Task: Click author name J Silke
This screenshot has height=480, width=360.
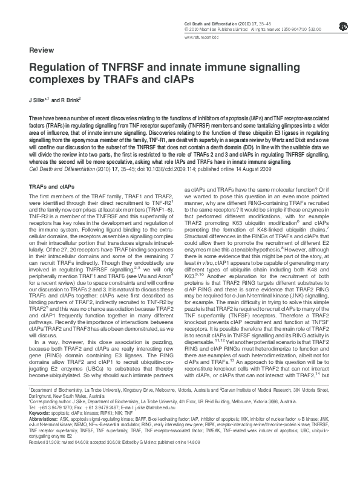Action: pos(39,99)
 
